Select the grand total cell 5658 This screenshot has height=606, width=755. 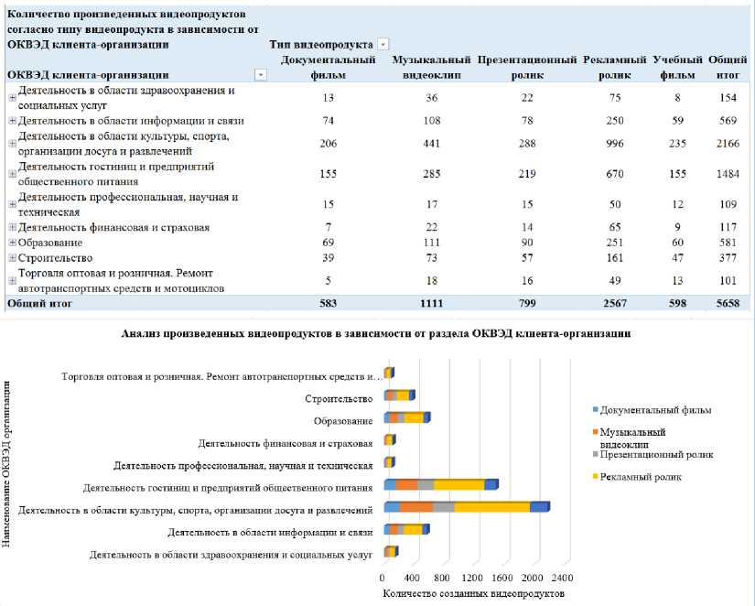(728, 301)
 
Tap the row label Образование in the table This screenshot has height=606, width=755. (50, 243)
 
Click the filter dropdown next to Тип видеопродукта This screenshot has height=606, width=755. (383, 44)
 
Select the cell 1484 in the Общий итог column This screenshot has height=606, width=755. (728, 173)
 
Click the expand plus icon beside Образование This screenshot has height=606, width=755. (12, 243)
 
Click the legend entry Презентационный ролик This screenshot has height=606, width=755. (657, 454)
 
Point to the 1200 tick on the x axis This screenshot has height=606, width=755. (471, 579)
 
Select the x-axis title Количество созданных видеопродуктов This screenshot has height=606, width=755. (471, 593)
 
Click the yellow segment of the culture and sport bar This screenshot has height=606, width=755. (491, 506)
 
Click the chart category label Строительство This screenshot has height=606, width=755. (339, 398)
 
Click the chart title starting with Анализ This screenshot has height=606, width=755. (376, 334)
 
